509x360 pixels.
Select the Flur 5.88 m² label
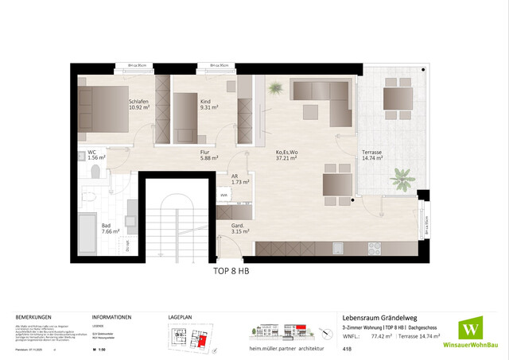tap(209, 154)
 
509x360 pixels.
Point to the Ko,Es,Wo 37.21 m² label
tap(286, 154)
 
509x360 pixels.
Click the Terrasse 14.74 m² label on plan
tap(372, 154)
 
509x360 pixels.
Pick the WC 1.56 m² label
tap(95, 155)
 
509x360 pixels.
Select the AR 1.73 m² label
tap(235, 180)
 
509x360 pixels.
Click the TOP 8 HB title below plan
tap(231, 270)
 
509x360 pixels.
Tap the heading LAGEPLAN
tap(181, 315)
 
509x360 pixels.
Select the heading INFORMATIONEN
tap(111, 315)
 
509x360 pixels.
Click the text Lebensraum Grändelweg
tap(378, 314)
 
